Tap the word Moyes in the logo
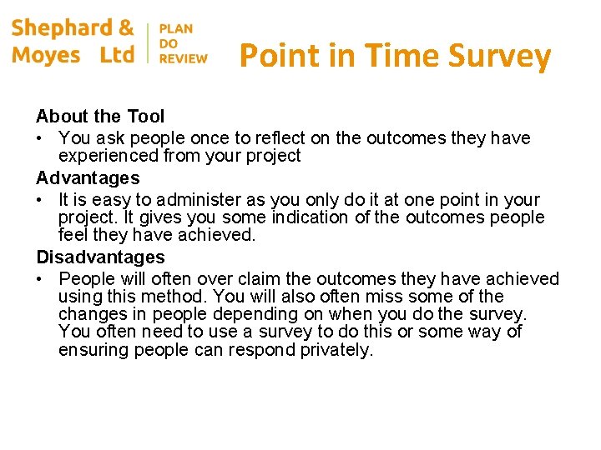point(47,56)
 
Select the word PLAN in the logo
point(176,28)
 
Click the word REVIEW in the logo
point(183,58)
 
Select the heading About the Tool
point(100,117)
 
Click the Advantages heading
point(88,178)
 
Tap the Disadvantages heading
point(100,257)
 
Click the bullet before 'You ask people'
point(41,137)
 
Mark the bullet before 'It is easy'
point(41,200)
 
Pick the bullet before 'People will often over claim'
point(41,279)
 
